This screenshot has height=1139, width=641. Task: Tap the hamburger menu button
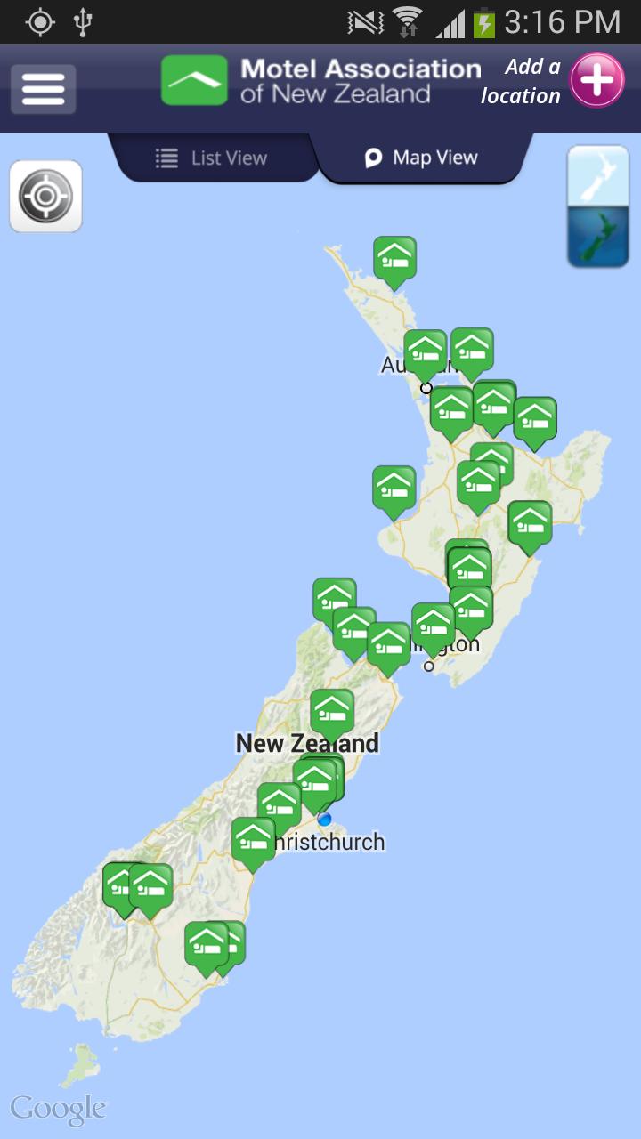click(x=43, y=89)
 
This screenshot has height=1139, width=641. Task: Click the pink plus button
click(x=596, y=81)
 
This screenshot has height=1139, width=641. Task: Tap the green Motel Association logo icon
click(x=194, y=81)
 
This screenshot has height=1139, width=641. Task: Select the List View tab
click(x=212, y=158)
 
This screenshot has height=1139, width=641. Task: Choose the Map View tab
click(x=422, y=158)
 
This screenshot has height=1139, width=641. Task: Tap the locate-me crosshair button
click(x=45, y=197)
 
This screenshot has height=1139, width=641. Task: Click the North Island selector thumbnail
click(x=597, y=176)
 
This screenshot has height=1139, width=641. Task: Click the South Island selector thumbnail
click(x=597, y=237)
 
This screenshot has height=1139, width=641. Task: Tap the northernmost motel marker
click(x=394, y=259)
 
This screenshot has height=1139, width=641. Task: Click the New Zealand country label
click(x=307, y=744)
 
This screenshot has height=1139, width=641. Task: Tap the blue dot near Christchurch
click(x=324, y=819)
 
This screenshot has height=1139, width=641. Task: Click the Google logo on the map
click(x=58, y=1110)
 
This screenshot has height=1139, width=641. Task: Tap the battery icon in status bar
click(x=483, y=22)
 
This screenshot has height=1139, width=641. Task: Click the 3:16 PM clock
click(x=562, y=22)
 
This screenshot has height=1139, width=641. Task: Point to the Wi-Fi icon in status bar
click(x=407, y=22)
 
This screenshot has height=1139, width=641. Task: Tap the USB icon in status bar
click(x=83, y=22)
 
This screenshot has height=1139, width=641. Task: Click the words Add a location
click(x=522, y=81)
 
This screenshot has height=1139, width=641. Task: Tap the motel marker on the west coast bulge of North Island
click(x=394, y=489)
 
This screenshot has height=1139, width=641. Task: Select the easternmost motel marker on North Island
click(x=535, y=420)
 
